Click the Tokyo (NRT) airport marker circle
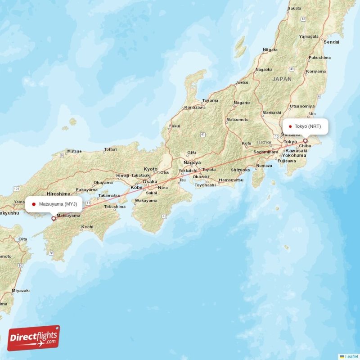pos(305,141)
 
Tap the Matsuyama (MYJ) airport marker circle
pos(54,219)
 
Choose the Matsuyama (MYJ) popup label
pos(54,204)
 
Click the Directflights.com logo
pos(34,338)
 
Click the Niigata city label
pos(270,49)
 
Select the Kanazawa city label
pos(195,108)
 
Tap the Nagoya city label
pos(192,162)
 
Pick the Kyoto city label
pos(151,169)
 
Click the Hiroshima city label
pos(58,193)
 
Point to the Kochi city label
pos(87,227)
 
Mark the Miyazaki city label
pos(21,291)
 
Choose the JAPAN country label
pos(282,79)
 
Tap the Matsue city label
pos(74,151)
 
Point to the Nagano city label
pos(242,103)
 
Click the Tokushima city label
pos(115,207)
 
